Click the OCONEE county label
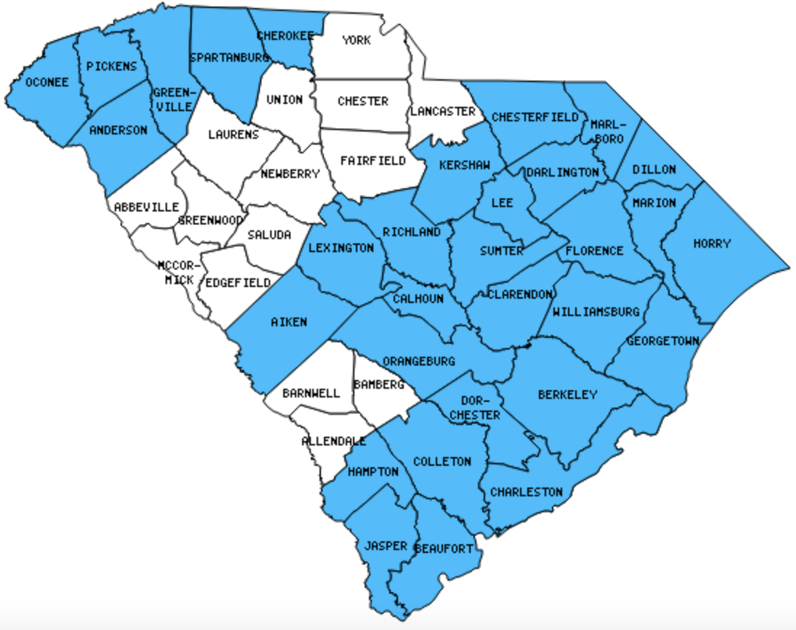tap(46, 83)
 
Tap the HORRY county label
tap(711, 243)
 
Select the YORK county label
tap(356, 40)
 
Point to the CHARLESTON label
tap(526, 492)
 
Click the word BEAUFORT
tap(444, 548)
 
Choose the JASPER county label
tap(385, 546)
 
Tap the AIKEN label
tap(288, 322)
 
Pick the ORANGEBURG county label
tap(418, 361)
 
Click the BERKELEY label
tap(567, 395)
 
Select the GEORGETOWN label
tap(662, 341)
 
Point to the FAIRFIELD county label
tap(373, 161)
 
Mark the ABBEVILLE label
tap(146, 207)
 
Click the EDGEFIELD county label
tap(237, 282)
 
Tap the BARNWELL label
tap(311, 393)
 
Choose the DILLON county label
tap(654, 169)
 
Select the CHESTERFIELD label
tap(535, 117)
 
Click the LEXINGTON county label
tap(341, 248)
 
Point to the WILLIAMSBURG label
tap(596, 312)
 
